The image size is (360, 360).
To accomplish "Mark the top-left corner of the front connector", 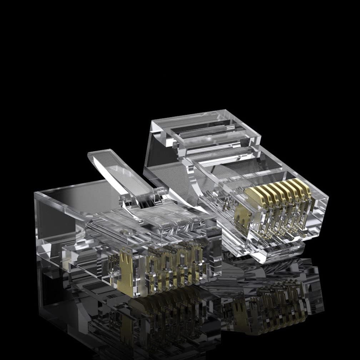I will (36, 193).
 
